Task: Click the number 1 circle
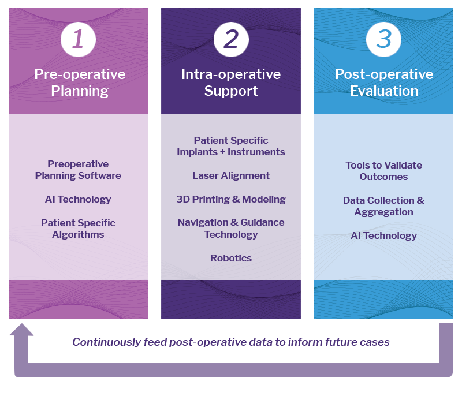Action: click(78, 39)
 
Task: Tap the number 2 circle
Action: click(231, 39)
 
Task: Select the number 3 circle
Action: click(383, 39)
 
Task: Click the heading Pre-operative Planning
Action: click(80, 83)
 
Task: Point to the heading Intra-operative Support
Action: click(231, 83)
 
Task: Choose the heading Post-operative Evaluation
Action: click(384, 83)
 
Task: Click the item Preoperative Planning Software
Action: click(78, 170)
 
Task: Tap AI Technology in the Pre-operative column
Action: click(78, 199)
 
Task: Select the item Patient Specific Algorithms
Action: click(78, 229)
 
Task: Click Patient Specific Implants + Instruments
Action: click(231, 146)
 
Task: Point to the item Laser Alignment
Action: click(231, 175)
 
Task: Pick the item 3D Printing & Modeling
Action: click(231, 199)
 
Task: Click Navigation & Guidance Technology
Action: click(231, 229)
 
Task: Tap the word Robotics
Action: click(231, 258)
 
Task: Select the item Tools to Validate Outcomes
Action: click(384, 171)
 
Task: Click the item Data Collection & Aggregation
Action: click(384, 206)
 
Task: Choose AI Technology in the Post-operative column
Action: click(384, 235)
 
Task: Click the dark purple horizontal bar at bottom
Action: click(256, 342)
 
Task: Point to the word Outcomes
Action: click(384, 177)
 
